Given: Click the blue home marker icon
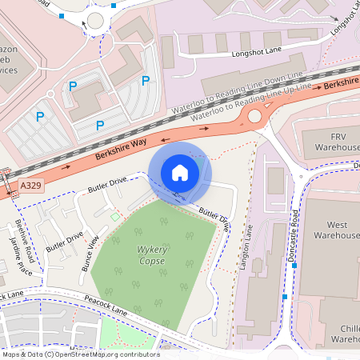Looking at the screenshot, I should tap(180, 172).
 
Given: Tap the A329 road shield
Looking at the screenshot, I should tap(30, 186).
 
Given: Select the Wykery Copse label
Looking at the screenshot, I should tap(151, 255).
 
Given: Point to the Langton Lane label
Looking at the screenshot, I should tap(246, 248).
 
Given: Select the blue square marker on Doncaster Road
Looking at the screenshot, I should tap(285, 298).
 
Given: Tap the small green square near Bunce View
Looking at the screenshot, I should tap(114, 217).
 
